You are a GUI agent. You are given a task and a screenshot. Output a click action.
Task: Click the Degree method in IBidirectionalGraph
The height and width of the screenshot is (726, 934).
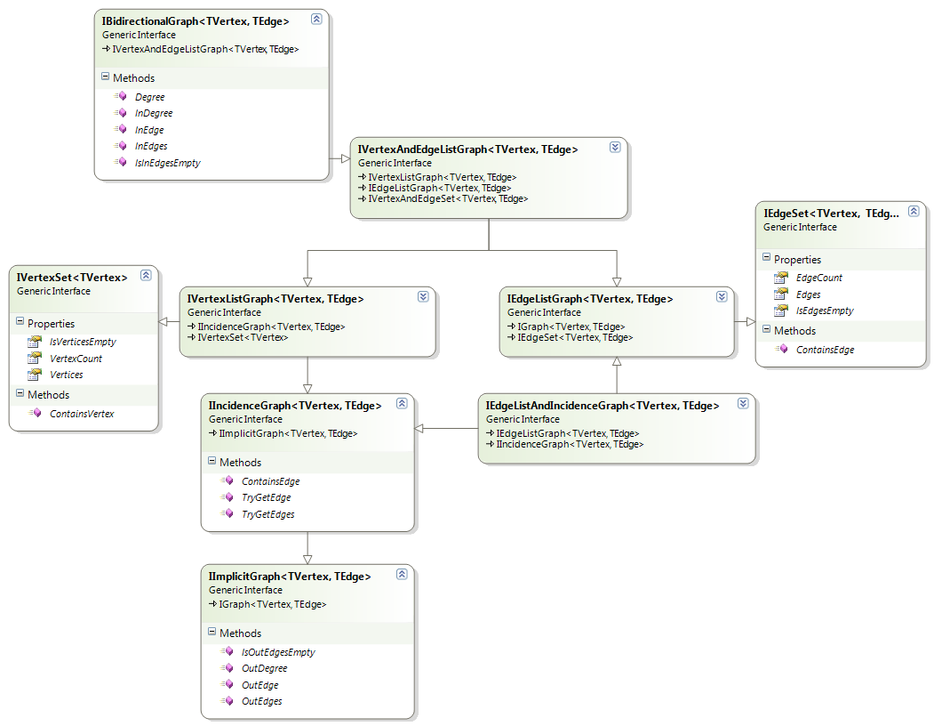point(149,97)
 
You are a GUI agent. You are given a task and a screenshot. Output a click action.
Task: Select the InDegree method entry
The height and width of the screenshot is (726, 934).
point(153,113)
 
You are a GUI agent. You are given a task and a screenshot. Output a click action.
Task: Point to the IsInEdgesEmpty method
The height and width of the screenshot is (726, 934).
point(167,163)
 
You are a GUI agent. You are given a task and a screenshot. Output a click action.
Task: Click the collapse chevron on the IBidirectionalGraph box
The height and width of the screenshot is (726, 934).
point(316,19)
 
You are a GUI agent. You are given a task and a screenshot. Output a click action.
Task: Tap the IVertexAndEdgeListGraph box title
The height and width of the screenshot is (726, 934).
point(467,149)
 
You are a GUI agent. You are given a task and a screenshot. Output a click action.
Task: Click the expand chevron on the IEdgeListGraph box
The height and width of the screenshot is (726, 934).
point(722,297)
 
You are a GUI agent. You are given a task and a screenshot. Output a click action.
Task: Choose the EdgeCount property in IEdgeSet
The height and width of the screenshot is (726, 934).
point(818,278)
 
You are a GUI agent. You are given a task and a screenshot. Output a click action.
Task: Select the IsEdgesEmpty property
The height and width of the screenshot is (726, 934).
point(825,311)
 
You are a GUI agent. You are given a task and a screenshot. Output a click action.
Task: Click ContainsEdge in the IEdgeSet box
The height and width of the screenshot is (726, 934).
point(825,350)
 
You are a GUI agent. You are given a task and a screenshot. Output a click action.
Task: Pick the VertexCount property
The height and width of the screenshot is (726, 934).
point(76,359)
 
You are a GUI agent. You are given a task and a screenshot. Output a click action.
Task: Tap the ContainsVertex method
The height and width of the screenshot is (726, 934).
point(82,414)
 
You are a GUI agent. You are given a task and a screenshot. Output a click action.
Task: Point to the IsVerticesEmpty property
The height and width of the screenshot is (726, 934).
point(83,342)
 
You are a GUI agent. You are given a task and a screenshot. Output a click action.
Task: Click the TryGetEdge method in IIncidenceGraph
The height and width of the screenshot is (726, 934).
point(266,497)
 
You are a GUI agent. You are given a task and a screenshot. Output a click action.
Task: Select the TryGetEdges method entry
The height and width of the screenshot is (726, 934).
point(267,514)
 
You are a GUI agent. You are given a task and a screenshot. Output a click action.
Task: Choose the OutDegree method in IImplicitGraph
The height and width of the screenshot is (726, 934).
point(264,668)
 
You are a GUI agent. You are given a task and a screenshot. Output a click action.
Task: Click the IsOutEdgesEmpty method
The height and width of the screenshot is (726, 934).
point(278,652)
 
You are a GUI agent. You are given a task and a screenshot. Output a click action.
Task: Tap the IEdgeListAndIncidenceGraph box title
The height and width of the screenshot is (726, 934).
point(602,406)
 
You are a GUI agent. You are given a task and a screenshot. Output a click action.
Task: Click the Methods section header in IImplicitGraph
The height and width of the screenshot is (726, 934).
point(240,633)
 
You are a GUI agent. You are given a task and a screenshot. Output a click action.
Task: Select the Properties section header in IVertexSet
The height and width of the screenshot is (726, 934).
point(51,324)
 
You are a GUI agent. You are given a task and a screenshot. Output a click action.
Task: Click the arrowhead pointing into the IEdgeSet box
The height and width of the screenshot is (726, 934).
point(748,321)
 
